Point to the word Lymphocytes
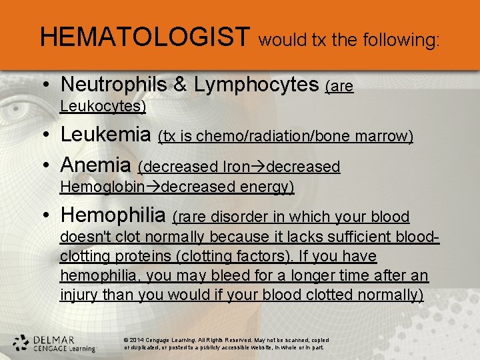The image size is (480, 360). coord(255,84)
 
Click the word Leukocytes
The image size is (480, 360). coord(102,106)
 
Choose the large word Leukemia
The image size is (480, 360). coord(105,135)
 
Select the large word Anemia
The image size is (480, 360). coord(96,164)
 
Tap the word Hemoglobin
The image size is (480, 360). coord(102,187)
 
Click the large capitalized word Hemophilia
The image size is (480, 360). coord(113,215)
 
